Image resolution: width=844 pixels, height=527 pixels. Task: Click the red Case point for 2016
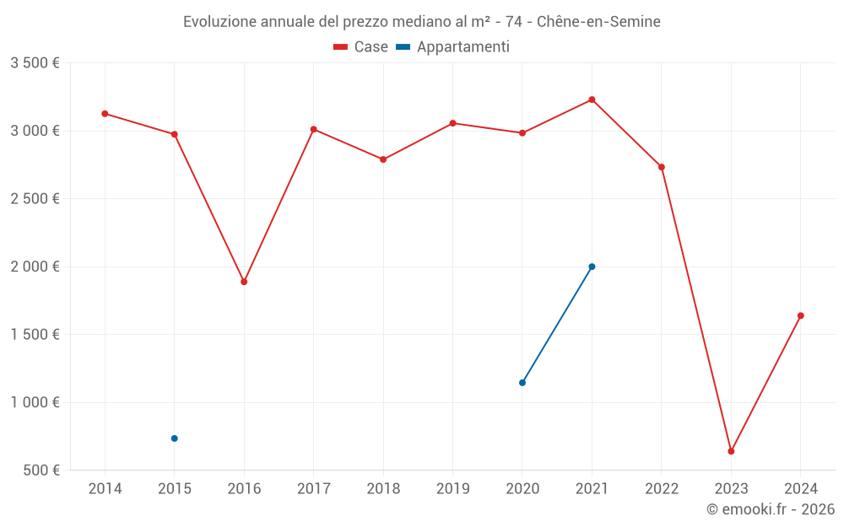[244, 282]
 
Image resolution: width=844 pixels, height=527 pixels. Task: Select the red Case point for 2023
[731, 451]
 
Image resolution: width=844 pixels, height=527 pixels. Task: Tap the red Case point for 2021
[592, 99]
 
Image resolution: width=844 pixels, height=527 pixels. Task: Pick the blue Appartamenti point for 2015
[175, 438]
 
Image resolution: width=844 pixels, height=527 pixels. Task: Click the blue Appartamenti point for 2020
[522, 383]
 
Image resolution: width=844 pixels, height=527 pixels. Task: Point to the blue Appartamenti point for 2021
[592, 266]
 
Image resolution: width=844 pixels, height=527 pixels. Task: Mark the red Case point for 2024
[801, 315]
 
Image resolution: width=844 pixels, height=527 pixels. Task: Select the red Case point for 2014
[105, 113]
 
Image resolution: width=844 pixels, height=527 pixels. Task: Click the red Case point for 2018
[383, 159]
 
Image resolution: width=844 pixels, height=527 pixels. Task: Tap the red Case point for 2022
[662, 167]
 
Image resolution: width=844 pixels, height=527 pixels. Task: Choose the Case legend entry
[361, 47]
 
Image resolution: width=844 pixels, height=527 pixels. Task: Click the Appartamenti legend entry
[453, 47]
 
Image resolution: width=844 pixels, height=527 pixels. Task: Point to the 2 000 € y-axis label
[35, 266]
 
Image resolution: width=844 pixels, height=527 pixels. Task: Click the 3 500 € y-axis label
[35, 63]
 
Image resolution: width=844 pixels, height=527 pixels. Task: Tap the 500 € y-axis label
[41, 471]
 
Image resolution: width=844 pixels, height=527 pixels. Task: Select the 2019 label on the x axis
[452, 489]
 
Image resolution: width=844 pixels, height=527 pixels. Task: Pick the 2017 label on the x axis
[313, 489]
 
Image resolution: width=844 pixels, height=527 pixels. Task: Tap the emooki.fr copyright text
[771, 509]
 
